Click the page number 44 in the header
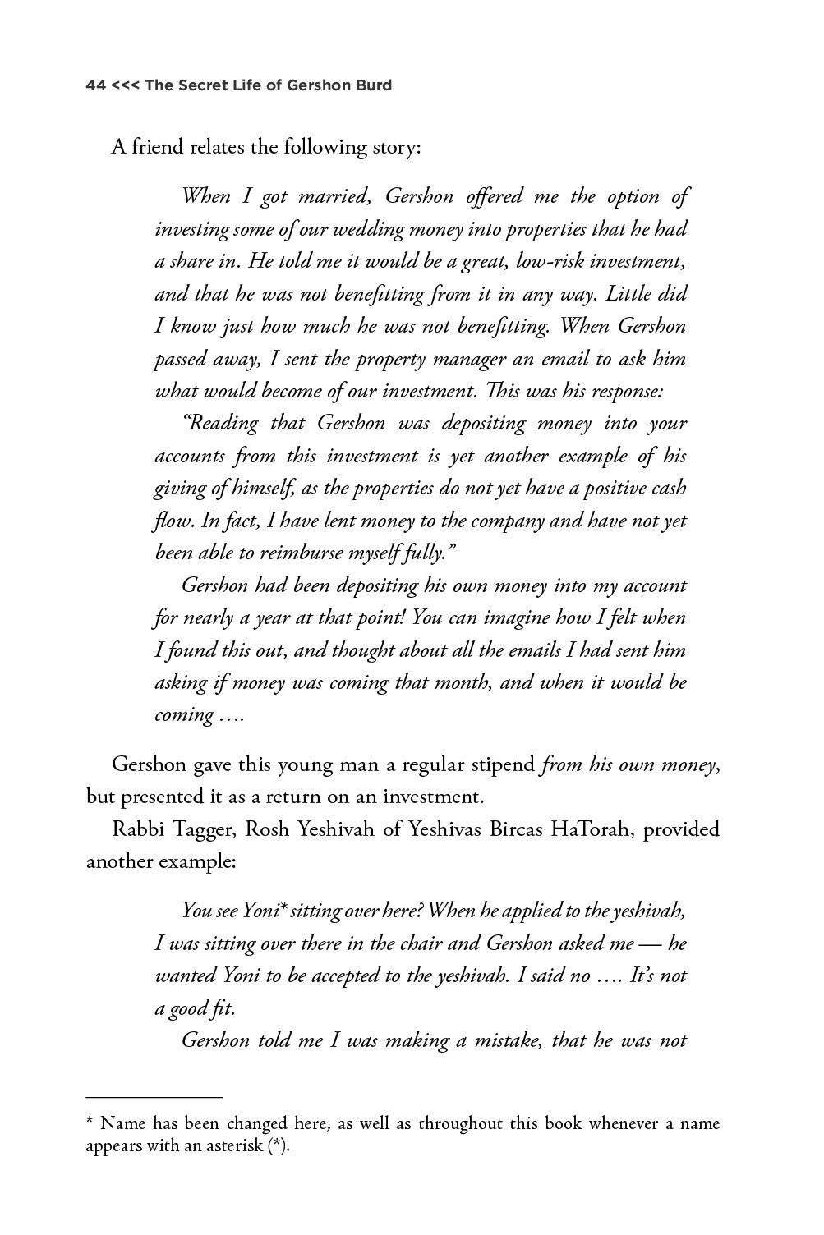click(95, 85)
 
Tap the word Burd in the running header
click(373, 85)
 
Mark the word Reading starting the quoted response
click(219, 424)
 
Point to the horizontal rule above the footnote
click(154, 1096)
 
